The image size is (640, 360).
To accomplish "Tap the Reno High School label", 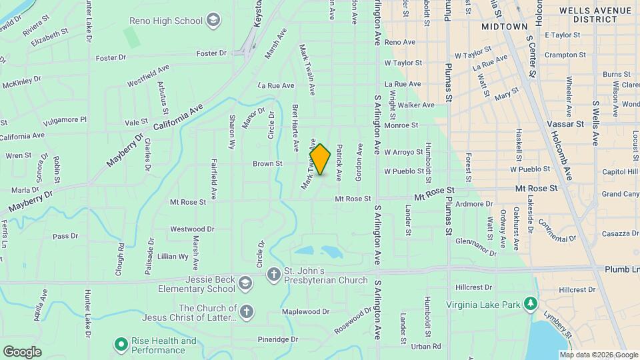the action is [171, 21].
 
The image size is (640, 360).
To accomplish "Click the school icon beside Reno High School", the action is [213, 21].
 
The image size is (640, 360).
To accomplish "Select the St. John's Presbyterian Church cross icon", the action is [273, 273].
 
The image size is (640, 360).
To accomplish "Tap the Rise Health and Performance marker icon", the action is [121, 345].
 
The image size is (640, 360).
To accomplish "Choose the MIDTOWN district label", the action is [503, 25].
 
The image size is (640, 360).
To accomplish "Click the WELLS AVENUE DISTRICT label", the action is [595, 15].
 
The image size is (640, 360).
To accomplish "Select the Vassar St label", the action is [565, 124].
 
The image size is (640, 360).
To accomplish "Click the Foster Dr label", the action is [111, 58].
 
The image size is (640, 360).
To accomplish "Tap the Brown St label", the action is [268, 163].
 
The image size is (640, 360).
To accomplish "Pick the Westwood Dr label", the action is [192, 229].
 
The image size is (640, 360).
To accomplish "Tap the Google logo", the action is [22, 351].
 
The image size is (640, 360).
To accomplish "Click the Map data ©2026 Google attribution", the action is [599, 355].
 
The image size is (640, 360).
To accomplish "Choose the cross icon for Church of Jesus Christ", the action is [246, 311].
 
